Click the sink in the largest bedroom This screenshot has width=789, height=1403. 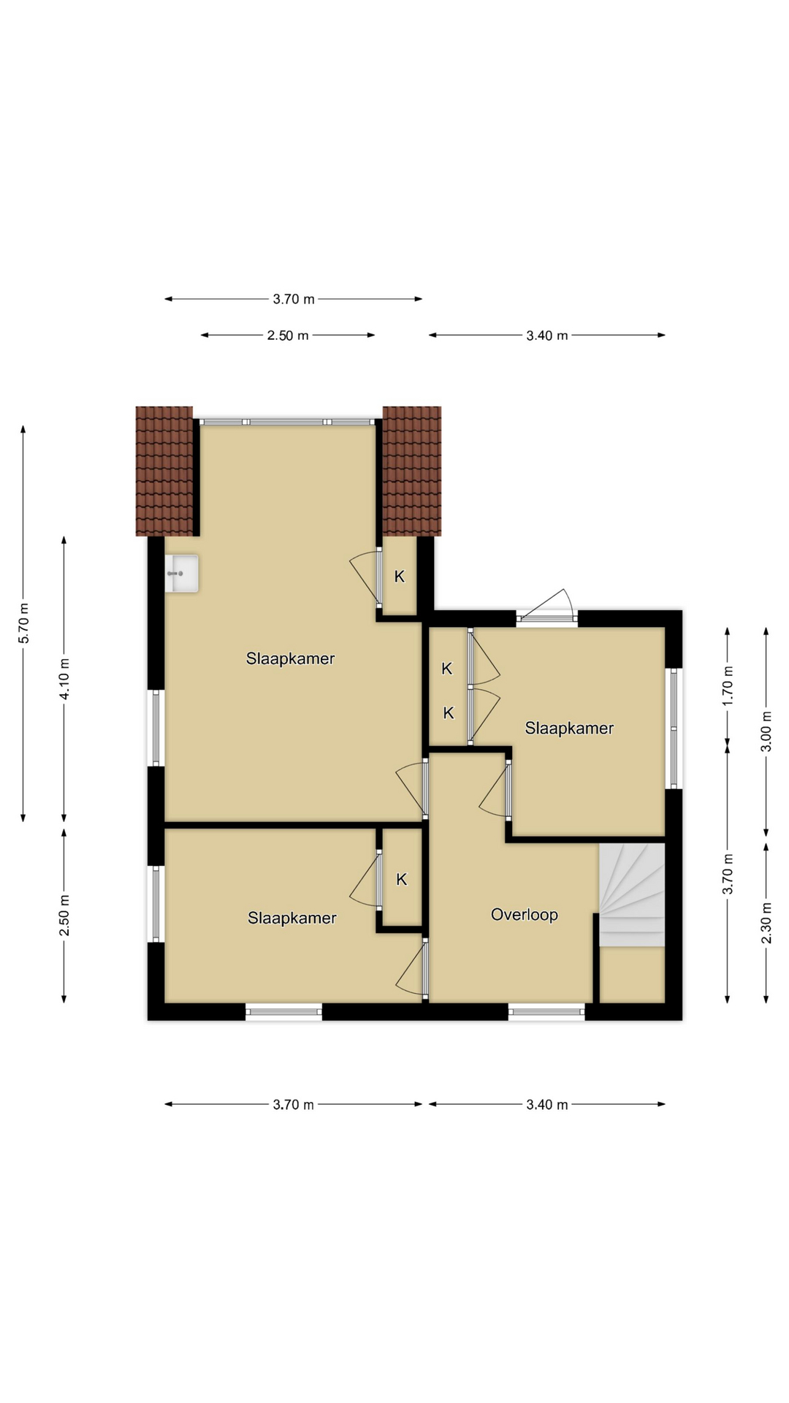coord(182,574)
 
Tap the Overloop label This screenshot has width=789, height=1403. coord(525,915)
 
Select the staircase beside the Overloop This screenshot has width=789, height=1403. coord(632,895)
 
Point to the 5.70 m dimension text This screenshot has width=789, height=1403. coord(23,623)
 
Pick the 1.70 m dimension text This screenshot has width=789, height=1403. coord(728,685)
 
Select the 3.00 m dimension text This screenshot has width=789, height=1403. coord(766,731)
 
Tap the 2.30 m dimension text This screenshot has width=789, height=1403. coord(766,923)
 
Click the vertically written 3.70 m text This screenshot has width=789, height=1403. coord(728,874)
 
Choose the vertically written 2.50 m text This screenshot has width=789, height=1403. coord(64,915)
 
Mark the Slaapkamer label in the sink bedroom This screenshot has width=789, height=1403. coord(290,658)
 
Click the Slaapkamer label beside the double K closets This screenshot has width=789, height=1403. coord(569,728)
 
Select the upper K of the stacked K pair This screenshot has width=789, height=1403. coord(447,669)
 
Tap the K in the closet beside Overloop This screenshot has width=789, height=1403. coord(402,880)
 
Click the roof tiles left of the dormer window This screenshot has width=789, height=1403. coord(164,471)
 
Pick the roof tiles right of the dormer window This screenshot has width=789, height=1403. coord(412,471)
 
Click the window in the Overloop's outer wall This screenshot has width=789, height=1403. coord(546,1011)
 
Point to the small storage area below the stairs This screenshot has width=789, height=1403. coord(632,975)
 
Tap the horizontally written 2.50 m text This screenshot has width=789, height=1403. coord(288,335)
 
